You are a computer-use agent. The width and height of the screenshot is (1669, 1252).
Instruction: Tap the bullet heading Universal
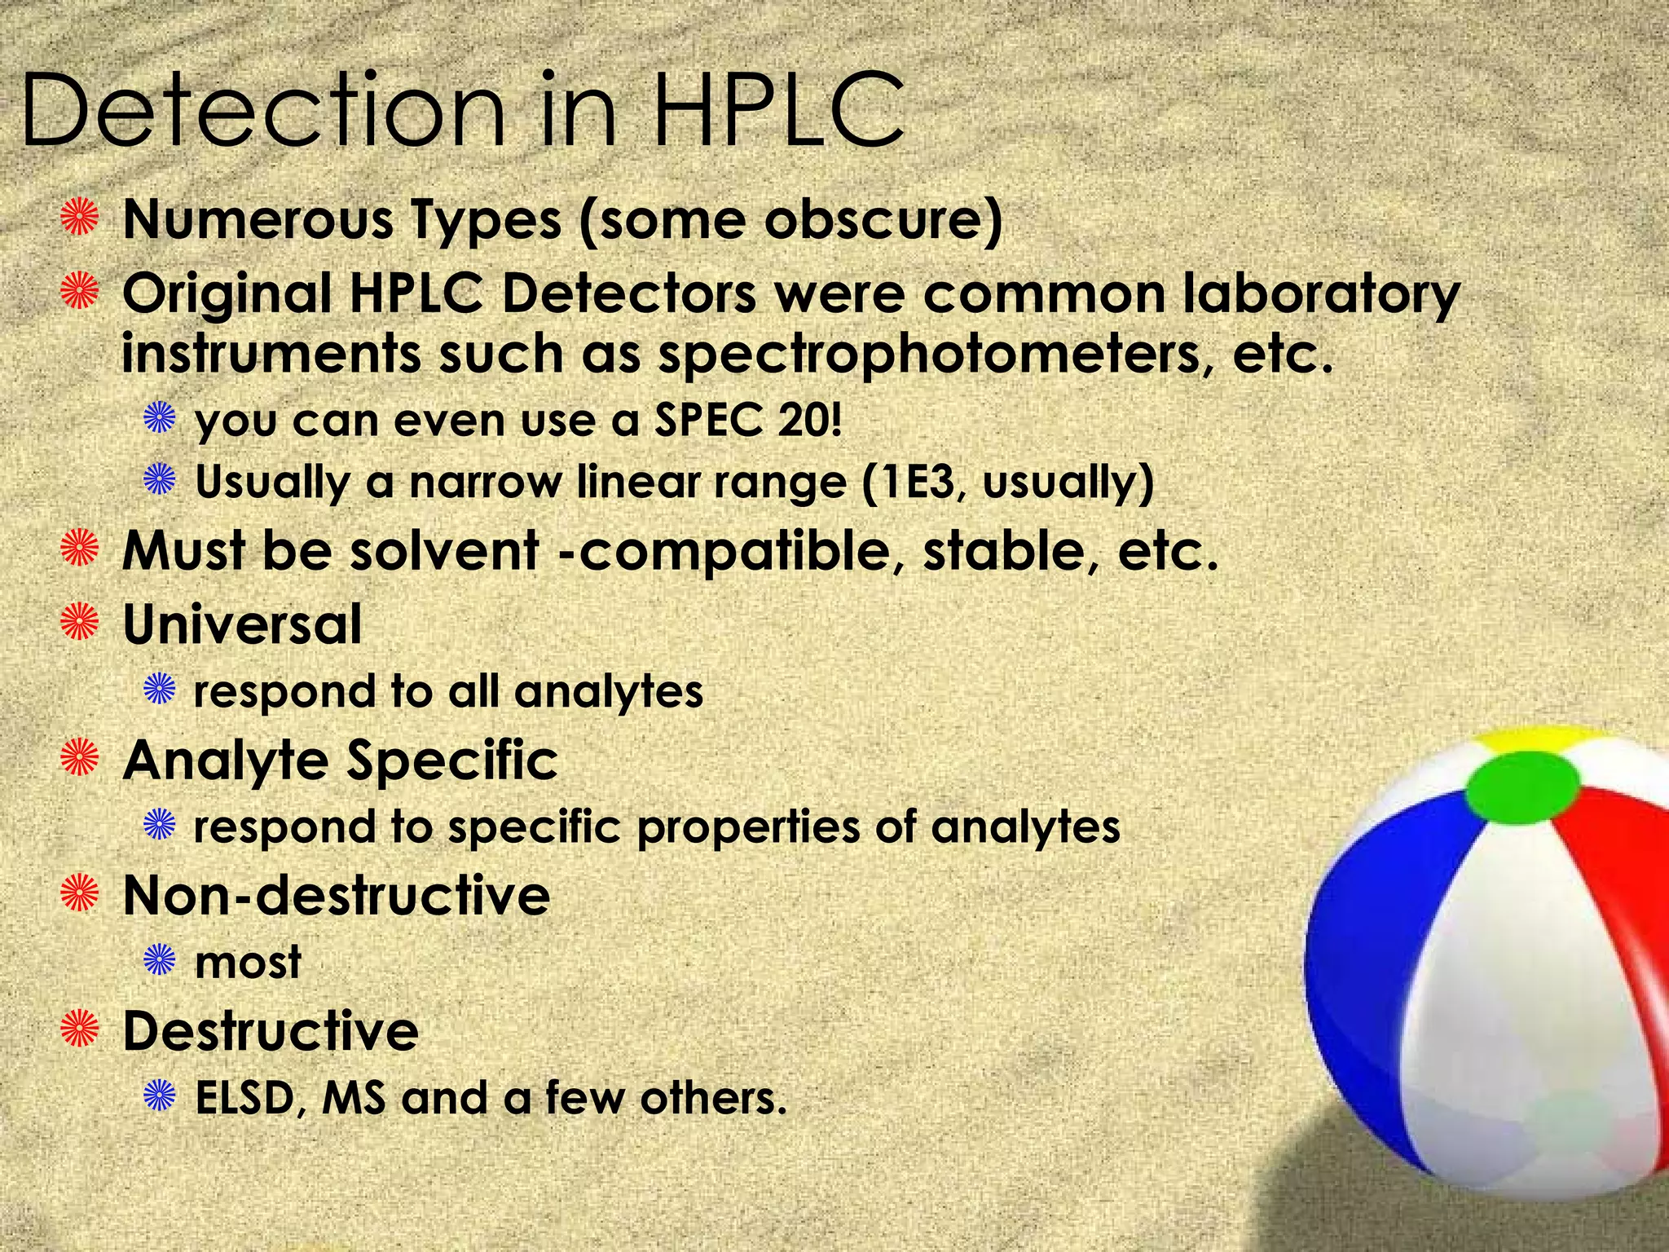coord(242,624)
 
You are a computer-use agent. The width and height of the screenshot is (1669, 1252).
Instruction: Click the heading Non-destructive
coord(336,895)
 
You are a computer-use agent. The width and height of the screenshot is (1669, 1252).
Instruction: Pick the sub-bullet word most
coord(248,962)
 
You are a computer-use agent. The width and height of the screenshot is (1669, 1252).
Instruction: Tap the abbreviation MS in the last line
coord(354,1098)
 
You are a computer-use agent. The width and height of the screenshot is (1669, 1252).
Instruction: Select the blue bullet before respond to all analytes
coord(160,690)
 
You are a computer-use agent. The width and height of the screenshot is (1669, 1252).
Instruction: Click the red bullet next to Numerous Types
coord(80,218)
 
